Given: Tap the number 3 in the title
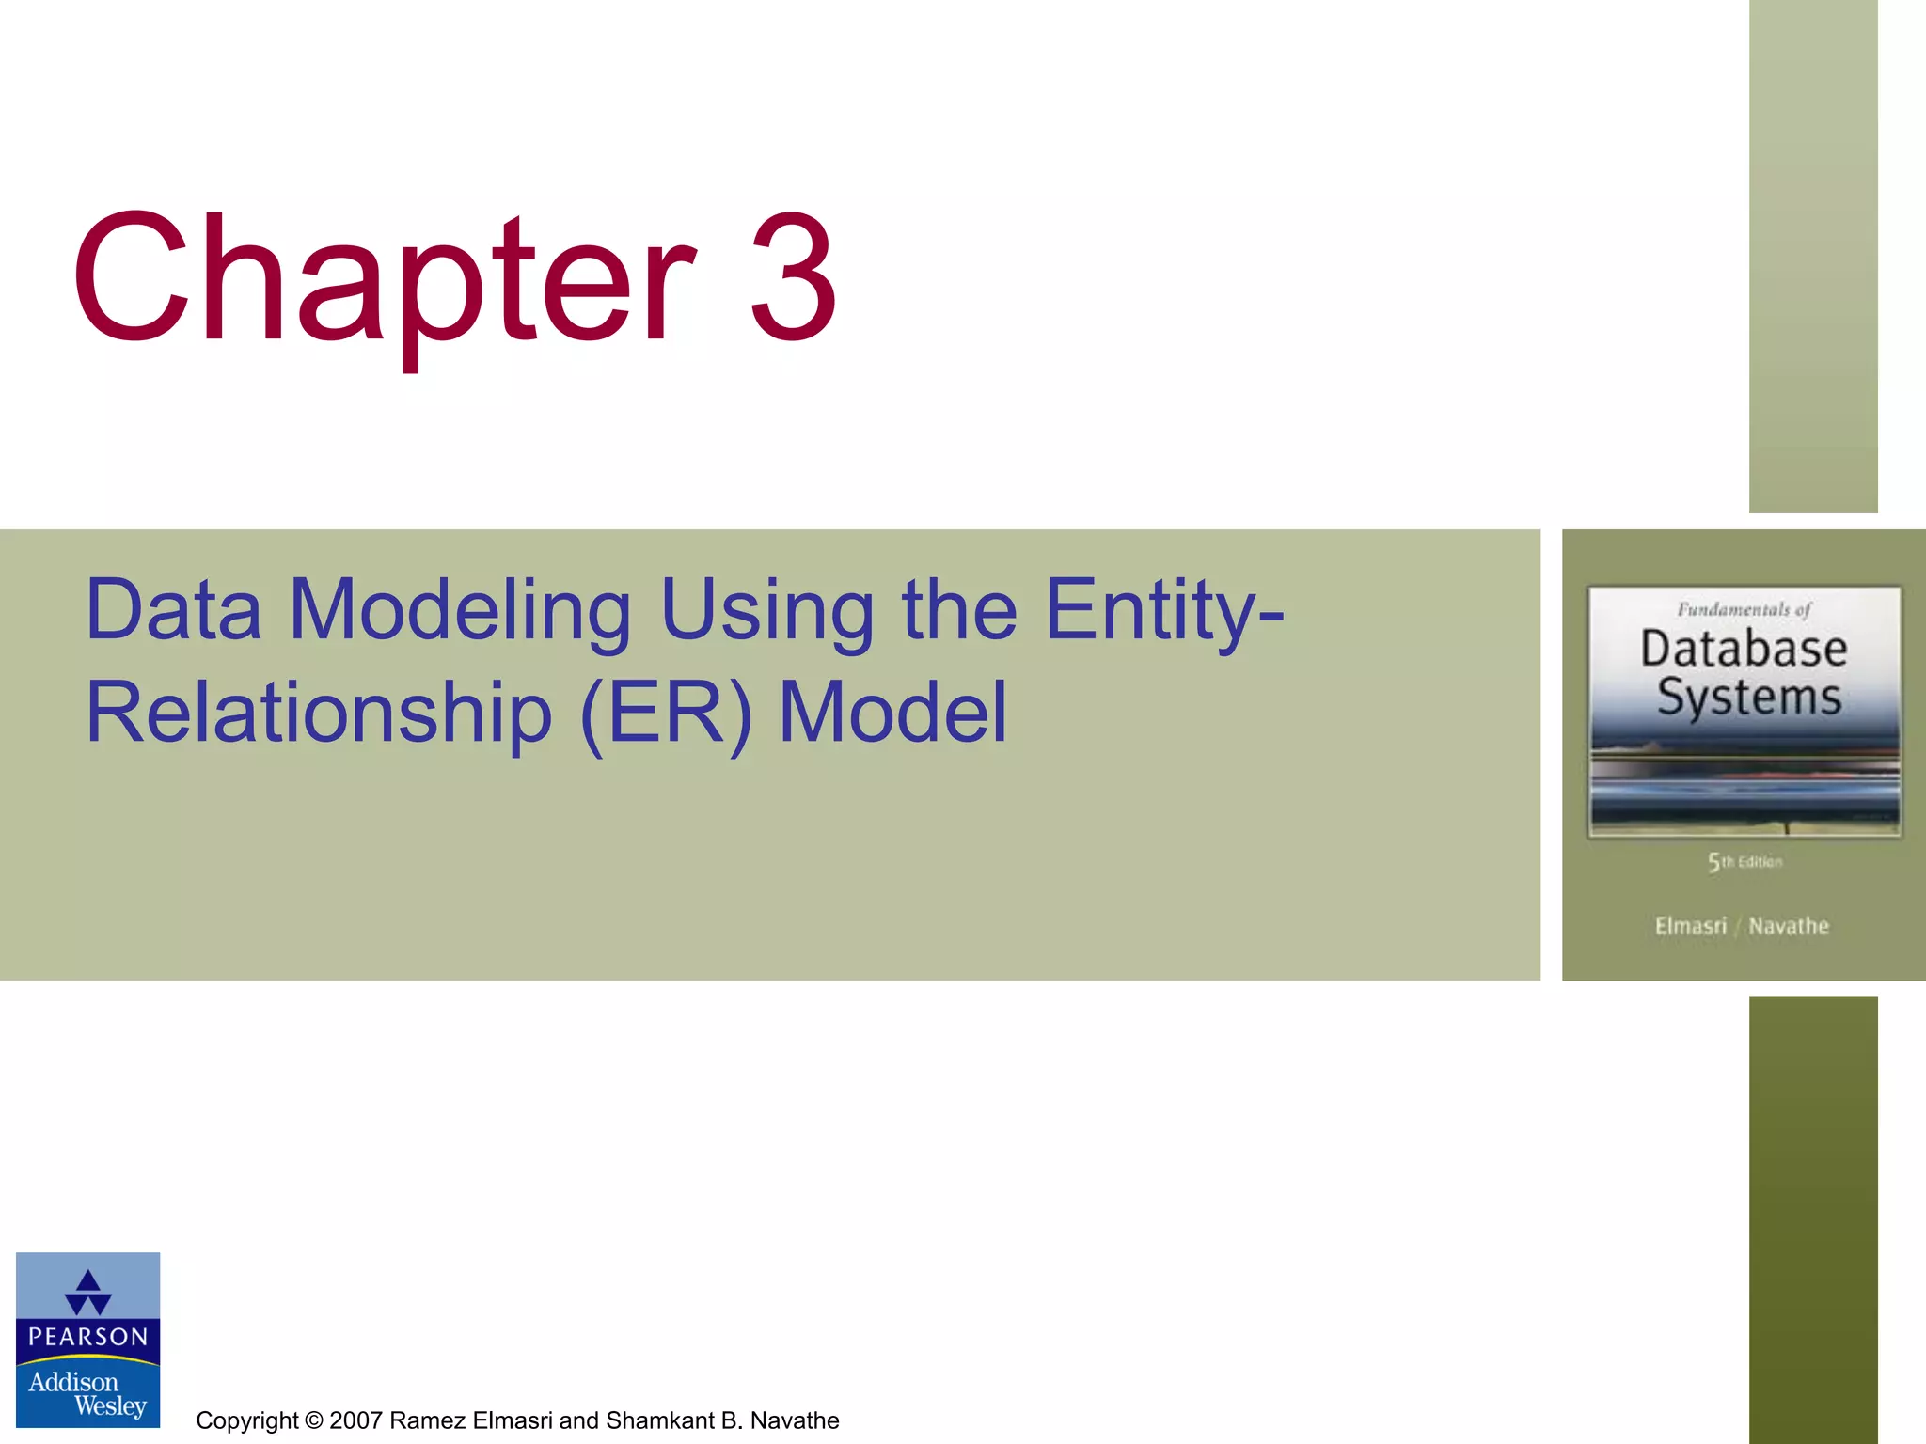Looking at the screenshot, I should click(x=792, y=279).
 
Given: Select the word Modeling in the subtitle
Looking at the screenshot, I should click(x=460, y=611).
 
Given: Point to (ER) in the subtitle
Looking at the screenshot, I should click(x=667, y=714).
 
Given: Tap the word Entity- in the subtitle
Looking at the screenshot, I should click(x=1164, y=611).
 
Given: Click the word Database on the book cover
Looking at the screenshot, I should click(x=1744, y=649).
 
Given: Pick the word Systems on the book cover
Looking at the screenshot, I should click(x=1748, y=698).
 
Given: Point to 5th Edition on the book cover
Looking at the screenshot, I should click(x=1744, y=862).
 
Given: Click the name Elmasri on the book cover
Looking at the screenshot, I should click(x=1690, y=926).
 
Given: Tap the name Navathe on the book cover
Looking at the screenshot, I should click(x=1789, y=926).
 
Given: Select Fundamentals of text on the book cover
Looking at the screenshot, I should click(x=1744, y=609).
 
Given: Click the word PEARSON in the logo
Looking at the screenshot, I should click(x=88, y=1337).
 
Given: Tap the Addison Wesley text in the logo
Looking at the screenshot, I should click(x=87, y=1393).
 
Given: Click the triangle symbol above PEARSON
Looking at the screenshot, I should click(x=88, y=1292).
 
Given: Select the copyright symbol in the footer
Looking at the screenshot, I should click(x=314, y=1420).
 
